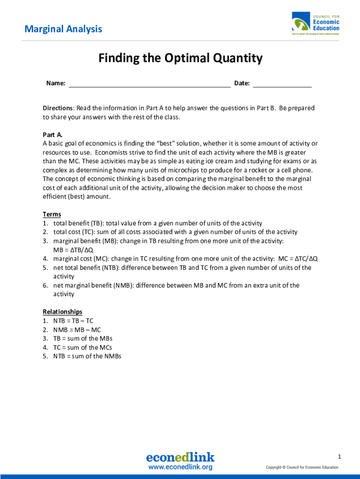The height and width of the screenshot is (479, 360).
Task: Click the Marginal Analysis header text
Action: (x=63, y=29)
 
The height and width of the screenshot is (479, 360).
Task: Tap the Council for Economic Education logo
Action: (x=316, y=24)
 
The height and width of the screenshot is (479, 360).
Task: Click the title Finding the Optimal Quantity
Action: (x=180, y=58)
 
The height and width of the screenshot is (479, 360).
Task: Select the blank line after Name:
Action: (x=150, y=84)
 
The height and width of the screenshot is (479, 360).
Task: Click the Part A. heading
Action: (x=52, y=135)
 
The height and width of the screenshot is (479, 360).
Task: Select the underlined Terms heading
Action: (x=52, y=214)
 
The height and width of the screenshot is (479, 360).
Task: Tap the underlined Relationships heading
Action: (x=63, y=312)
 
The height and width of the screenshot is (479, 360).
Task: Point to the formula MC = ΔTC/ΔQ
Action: (x=298, y=259)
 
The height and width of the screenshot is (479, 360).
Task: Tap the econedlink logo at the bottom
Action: (x=180, y=457)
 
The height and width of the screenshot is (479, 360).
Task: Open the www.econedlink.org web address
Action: (x=180, y=467)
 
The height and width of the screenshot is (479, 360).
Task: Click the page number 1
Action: (x=340, y=456)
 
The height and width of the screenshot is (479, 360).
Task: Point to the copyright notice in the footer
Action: (x=302, y=467)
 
